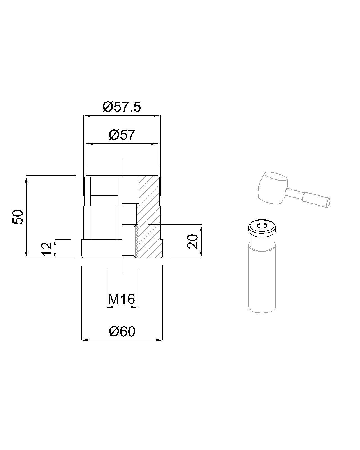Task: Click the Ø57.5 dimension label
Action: click(x=122, y=107)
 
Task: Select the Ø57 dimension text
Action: click(x=122, y=135)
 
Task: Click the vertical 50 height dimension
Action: click(x=18, y=217)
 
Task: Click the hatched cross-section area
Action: click(x=149, y=217)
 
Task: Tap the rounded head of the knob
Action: click(x=273, y=187)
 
